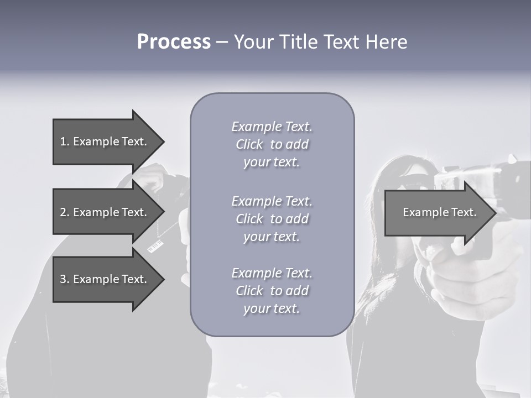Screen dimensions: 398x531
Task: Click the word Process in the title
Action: click(x=174, y=42)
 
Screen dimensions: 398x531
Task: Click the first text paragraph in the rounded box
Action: click(x=272, y=144)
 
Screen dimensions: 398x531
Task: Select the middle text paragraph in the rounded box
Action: click(x=272, y=219)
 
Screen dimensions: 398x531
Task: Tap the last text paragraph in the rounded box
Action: click(x=272, y=291)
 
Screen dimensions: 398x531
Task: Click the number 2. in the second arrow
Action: click(x=65, y=212)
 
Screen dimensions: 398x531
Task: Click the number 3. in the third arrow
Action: click(x=65, y=279)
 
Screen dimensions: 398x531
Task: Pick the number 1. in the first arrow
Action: click(x=65, y=142)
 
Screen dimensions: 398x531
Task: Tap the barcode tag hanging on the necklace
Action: click(x=155, y=246)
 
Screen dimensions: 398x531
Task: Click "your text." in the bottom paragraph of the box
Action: click(x=272, y=308)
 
